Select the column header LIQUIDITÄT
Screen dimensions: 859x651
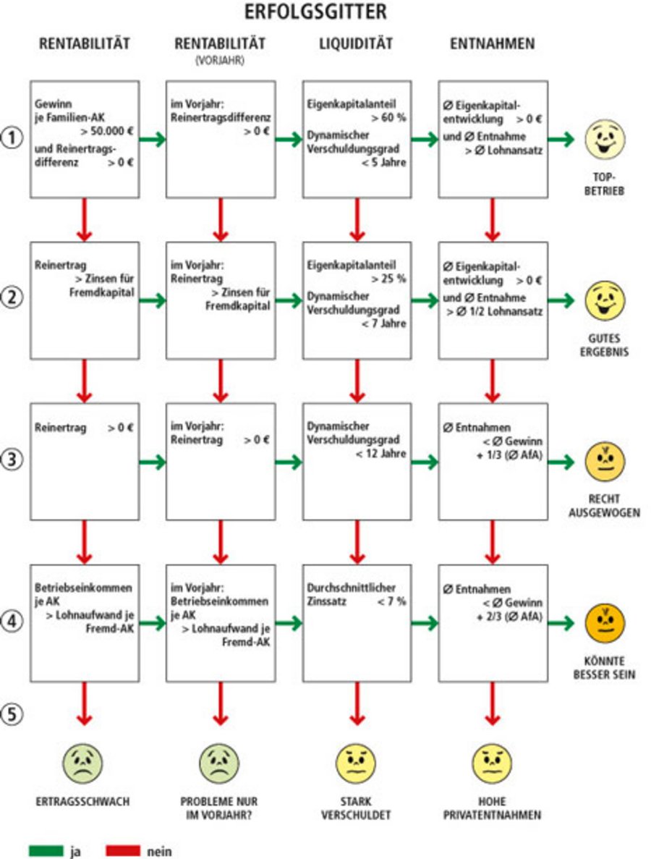[x=356, y=44]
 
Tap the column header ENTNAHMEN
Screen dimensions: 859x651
[x=492, y=44]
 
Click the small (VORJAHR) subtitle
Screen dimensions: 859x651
[x=220, y=62]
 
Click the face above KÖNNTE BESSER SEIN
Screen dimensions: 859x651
[x=605, y=622]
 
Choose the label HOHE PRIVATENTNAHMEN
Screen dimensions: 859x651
[x=492, y=808]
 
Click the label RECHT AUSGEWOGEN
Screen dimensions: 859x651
[x=605, y=506]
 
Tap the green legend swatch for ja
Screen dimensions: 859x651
[x=46, y=851]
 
